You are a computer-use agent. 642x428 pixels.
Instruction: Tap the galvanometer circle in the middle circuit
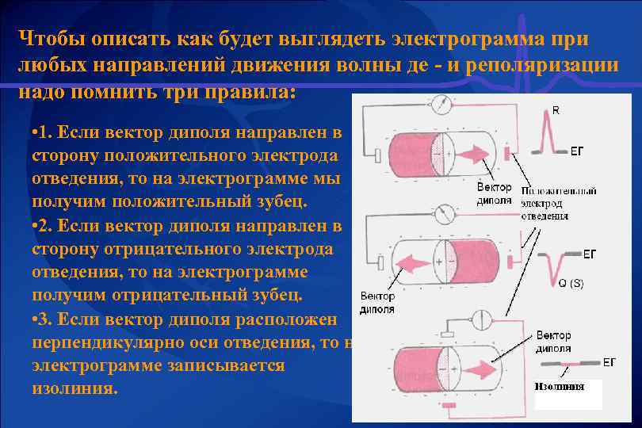[447, 214]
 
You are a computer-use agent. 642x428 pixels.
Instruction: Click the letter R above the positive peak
[555, 111]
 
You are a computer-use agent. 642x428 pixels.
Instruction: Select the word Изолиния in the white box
[560, 387]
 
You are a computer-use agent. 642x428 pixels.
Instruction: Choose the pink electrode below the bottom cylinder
[449, 406]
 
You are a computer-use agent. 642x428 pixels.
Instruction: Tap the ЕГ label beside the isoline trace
[609, 362]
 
